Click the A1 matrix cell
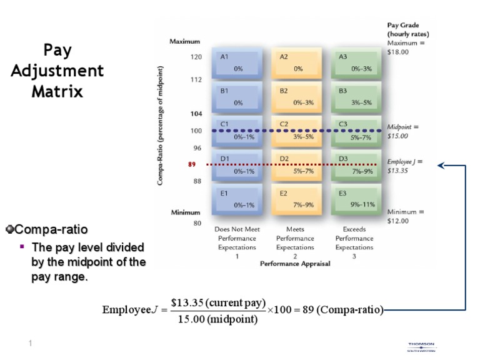pyautogui.click(x=238, y=63)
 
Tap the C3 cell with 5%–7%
pyautogui.click(x=356, y=131)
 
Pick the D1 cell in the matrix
pyautogui.click(x=238, y=165)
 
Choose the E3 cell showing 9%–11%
pyautogui.click(x=356, y=199)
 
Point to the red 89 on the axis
pyautogui.click(x=192, y=165)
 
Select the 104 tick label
pyautogui.click(x=196, y=114)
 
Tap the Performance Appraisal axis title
pyautogui.click(x=295, y=264)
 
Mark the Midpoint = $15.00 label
pyautogui.click(x=402, y=131)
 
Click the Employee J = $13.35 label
pyautogui.click(x=404, y=165)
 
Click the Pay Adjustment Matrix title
pyautogui.click(x=57, y=71)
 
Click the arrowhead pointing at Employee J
pyautogui.click(x=441, y=166)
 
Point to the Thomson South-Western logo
pyautogui.click(x=422, y=347)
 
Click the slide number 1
pyautogui.click(x=29, y=343)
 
